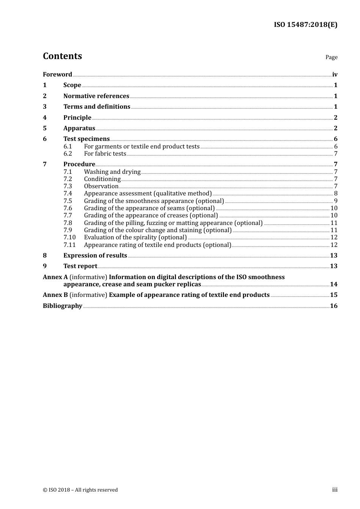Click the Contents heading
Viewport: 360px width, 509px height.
point(62,56)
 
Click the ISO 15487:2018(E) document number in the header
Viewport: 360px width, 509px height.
point(305,25)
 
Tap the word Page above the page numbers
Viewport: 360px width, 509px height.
point(331,57)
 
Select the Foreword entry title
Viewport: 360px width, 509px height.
point(57,74)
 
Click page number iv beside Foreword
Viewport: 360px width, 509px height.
point(335,74)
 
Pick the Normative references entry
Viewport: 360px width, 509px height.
point(96,96)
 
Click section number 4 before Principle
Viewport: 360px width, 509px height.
point(45,117)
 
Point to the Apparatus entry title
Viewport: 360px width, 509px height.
point(79,128)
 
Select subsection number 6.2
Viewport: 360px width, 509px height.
point(67,153)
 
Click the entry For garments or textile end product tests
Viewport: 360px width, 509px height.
point(142,146)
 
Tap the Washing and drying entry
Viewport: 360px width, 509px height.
point(112,172)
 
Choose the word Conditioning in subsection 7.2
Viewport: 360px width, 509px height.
point(102,179)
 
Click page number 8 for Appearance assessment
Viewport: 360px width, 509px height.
point(336,194)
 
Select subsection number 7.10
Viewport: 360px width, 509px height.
point(69,237)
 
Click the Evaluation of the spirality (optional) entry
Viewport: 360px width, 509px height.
point(135,237)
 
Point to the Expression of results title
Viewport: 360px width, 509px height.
point(95,255)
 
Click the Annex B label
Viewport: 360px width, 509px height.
point(55,295)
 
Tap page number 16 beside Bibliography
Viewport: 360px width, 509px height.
point(333,306)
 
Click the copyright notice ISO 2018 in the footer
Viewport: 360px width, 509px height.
point(80,490)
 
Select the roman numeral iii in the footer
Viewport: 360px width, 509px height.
point(335,489)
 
